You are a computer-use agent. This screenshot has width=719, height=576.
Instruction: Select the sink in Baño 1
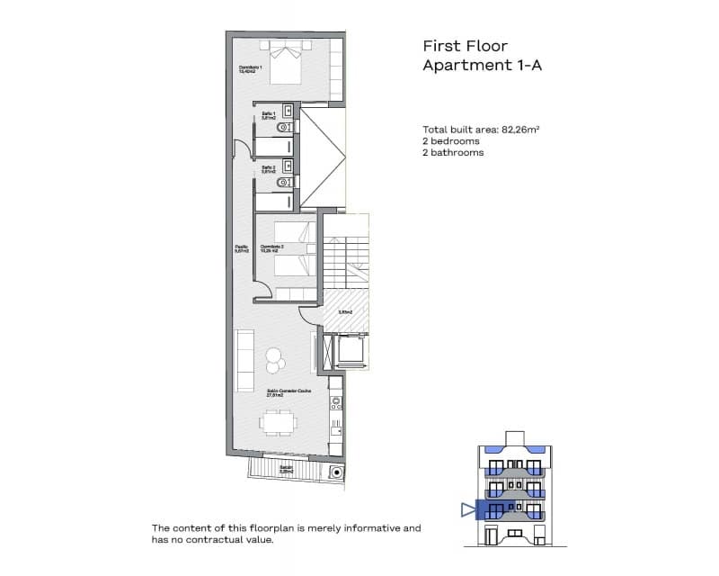point(287,111)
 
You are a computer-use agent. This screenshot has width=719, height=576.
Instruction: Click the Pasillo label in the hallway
point(241,248)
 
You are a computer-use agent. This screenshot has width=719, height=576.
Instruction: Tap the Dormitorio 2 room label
point(273,248)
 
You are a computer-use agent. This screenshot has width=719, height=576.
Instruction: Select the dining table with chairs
point(277,422)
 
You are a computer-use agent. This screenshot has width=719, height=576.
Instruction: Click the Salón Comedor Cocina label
point(282,392)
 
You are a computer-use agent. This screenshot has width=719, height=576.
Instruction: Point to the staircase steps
point(346,262)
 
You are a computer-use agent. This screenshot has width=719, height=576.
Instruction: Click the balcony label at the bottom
point(285,468)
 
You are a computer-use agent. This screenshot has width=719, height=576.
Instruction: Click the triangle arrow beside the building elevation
point(466,510)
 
